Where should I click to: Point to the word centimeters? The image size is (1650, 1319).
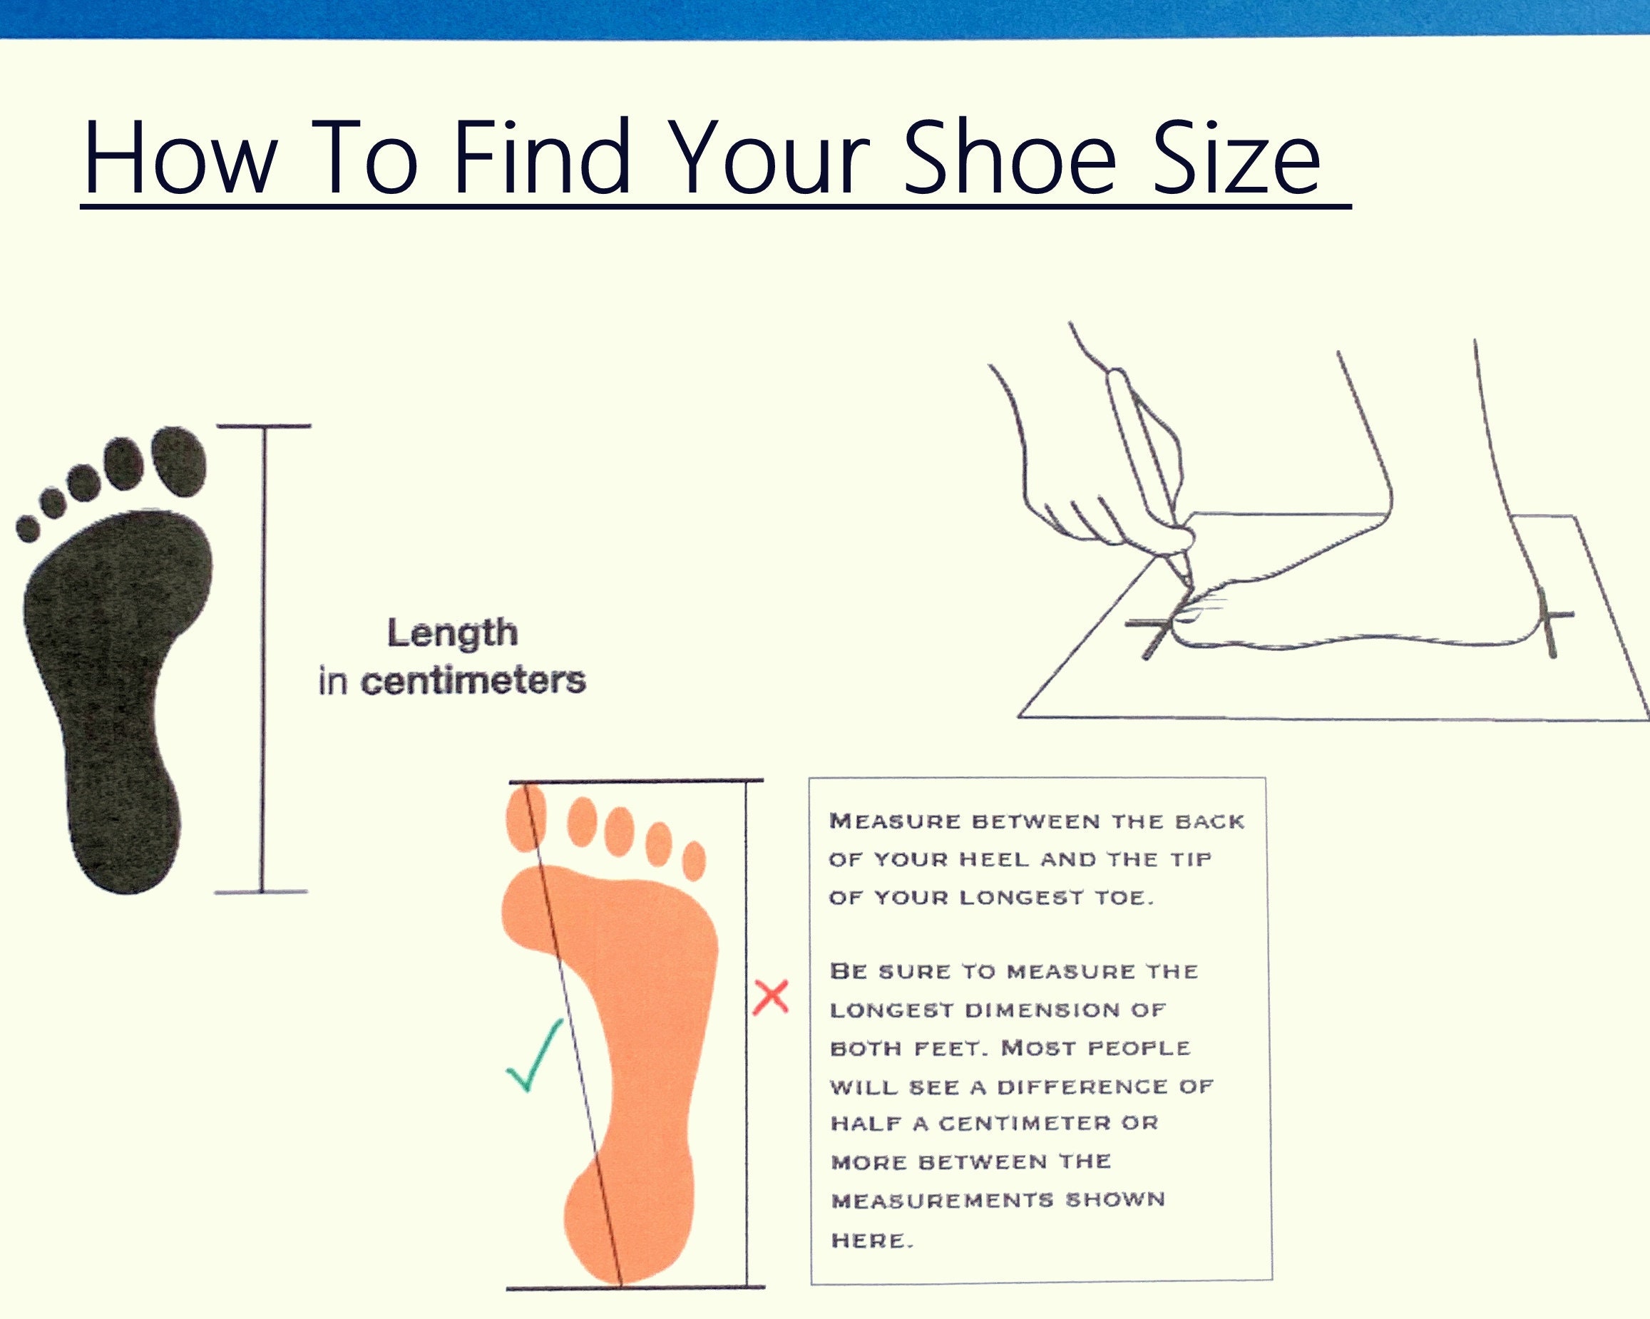[473, 680]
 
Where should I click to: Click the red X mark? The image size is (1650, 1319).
[771, 997]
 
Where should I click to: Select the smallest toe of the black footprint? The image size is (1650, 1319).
[28, 529]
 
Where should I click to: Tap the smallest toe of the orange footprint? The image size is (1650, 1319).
[693, 860]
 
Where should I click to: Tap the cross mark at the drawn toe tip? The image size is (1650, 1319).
[1157, 629]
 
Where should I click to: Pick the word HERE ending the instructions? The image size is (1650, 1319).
[871, 1239]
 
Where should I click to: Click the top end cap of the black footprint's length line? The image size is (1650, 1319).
[264, 426]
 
